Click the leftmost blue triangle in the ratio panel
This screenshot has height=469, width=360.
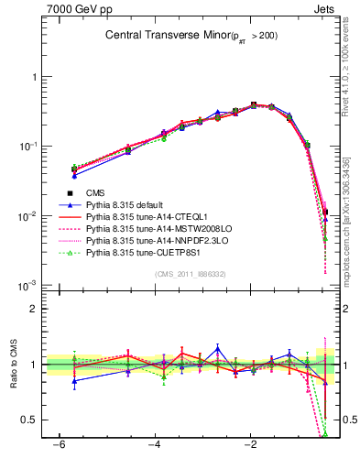[74, 380]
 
